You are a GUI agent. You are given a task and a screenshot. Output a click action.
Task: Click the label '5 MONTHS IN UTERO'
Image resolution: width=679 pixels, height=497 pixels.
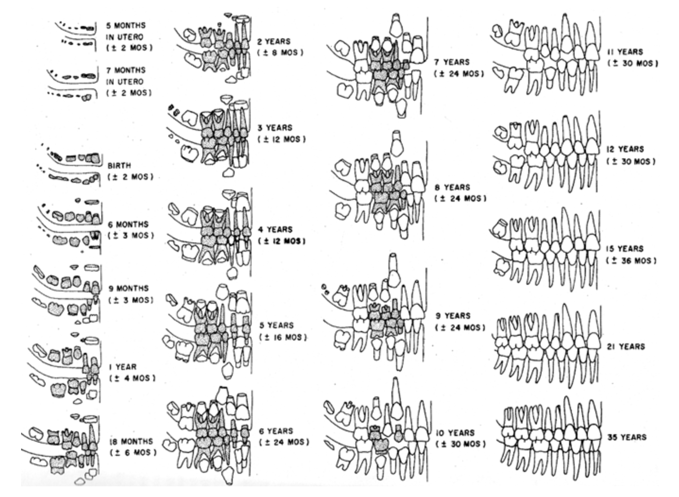(x=125, y=31)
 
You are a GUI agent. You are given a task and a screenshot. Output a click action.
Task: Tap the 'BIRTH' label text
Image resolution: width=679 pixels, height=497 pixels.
(x=119, y=166)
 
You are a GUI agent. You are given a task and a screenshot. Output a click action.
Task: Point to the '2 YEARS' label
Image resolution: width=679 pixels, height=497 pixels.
(x=273, y=41)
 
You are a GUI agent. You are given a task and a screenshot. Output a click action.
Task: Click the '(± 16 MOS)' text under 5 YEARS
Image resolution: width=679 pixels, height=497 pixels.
(x=283, y=337)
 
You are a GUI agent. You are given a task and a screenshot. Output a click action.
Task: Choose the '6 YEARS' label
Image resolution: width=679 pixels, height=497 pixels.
(x=276, y=431)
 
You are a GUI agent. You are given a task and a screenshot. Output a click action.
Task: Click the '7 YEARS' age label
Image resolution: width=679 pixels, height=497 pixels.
(x=452, y=62)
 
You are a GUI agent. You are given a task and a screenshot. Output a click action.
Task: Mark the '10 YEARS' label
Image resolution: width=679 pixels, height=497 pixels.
(x=455, y=433)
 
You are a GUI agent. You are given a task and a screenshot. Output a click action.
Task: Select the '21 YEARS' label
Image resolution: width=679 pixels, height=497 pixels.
(x=626, y=346)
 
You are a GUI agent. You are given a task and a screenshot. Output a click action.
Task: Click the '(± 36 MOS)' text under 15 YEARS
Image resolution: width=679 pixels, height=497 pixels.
(x=631, y=261)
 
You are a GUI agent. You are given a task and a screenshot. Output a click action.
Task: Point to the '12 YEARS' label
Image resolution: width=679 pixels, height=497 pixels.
(x=625, y=149)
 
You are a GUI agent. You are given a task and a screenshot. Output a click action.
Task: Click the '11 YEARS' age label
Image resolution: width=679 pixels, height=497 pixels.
(x=625, y=52)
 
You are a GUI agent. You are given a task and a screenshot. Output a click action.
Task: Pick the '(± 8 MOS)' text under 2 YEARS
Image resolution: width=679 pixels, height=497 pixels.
(x=280, y=53)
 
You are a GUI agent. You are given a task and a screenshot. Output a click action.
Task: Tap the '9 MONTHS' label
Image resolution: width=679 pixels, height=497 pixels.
(x=128, y=288)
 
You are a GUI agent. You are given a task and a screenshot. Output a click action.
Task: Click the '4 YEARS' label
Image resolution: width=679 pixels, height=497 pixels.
(x=275, y=229)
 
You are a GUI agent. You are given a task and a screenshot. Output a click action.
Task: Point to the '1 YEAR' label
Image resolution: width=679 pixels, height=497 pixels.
(x=122, y=367)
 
